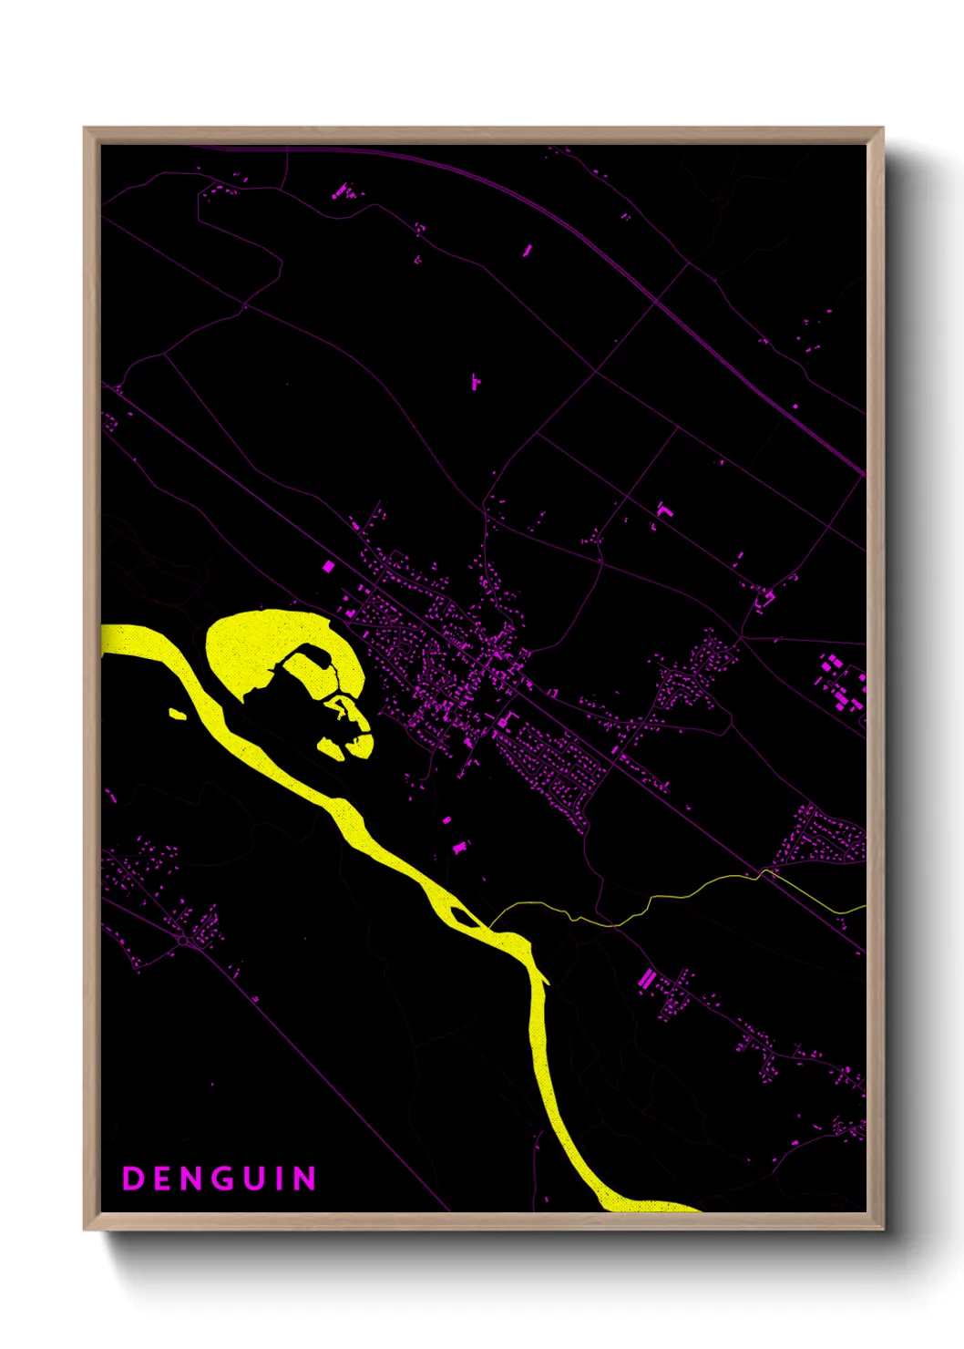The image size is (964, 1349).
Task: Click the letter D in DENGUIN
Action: point(133,1179)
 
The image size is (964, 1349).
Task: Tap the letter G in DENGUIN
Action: point(220,1179)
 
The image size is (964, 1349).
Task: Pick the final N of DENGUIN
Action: point(305,1179)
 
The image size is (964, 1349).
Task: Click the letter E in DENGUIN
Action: point(162,1179)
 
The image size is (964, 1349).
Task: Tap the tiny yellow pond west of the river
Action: point(178,714)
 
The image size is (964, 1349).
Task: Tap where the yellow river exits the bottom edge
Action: point(651,1208)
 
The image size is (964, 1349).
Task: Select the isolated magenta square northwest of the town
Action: point(329,566)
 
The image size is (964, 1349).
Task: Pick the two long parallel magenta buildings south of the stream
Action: point(646,980)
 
